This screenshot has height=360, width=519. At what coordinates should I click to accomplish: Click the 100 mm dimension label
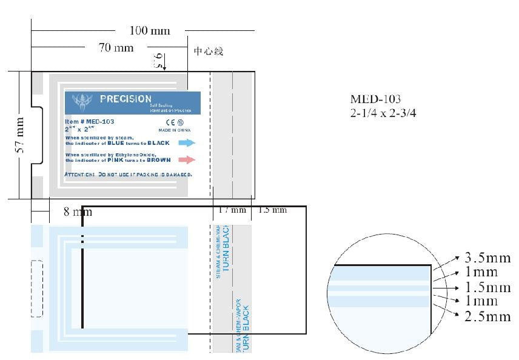point(150,30)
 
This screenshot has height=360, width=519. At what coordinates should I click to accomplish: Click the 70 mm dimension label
point(116,48)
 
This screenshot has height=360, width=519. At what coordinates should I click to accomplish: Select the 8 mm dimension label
point(78,212)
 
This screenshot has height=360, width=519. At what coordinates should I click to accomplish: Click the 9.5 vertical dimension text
point(158,60)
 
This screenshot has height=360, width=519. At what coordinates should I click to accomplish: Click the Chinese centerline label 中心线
point(209,52)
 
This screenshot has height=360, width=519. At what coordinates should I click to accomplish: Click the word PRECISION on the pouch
point(126,99)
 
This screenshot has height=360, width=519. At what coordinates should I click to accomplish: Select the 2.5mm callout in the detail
point(487,316)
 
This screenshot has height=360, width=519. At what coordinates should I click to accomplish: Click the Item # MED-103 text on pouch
point(89,121)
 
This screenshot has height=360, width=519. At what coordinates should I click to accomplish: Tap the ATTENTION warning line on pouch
point(128,175)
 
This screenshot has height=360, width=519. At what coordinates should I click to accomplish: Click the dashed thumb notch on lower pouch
point(37,288)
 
